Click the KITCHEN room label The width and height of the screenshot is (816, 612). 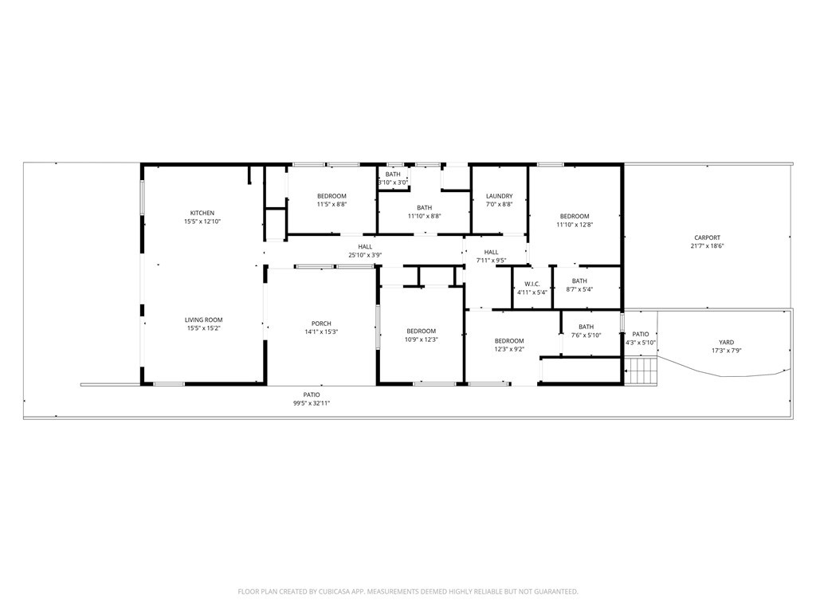click(x=202, y=213)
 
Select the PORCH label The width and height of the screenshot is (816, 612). click(x=321, y=324)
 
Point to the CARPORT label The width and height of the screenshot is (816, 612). click(x=707, y=237)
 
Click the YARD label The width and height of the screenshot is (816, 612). click(x=726, y=343)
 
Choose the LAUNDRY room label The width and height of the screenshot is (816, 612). click(x=499, y=196)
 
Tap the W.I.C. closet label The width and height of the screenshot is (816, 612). click(x=532, y=284)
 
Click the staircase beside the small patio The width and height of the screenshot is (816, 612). click(x=641, y=371)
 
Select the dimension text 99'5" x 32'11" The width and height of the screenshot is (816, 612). click(x=311, y=403)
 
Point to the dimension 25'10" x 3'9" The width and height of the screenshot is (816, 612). click(x=365, y=255)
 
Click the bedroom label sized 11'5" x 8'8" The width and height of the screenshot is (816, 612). click(x=331, y=196)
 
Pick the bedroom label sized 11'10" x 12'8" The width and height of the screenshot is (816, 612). click(x=574, y=217)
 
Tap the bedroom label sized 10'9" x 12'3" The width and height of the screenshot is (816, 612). click(x=421, y=331)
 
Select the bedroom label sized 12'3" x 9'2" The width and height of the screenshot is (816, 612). click(x=508, y=341)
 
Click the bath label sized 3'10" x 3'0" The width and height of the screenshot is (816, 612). click(x=393, y=175)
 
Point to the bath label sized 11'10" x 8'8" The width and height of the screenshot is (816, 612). click(x=424, y=208)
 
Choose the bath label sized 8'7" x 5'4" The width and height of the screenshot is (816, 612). click(x=579, y=280)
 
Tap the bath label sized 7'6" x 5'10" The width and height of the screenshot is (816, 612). click(x=586, y=327)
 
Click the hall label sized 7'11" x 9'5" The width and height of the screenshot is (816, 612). click(x=491, y=252)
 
